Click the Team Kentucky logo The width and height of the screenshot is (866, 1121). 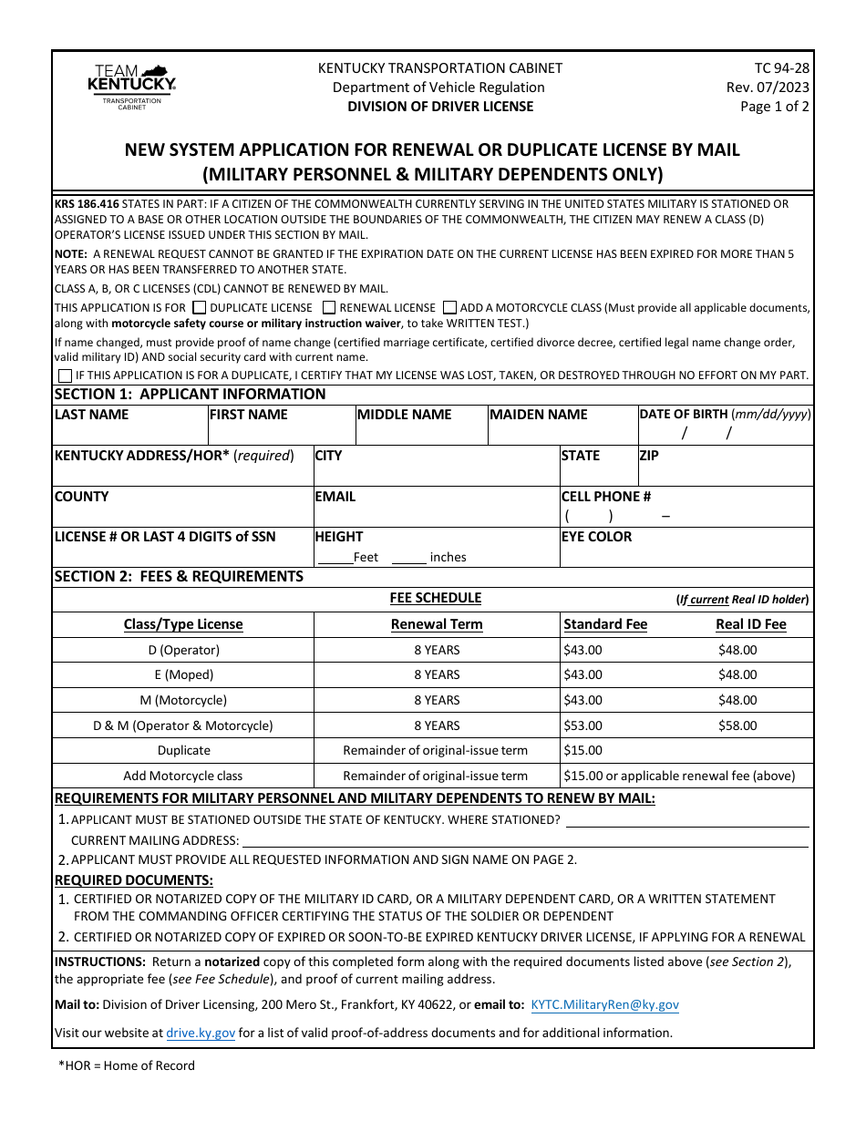pyautogui.click(x=131, y=87)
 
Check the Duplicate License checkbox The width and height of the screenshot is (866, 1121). pyautogui.click(x=200, y=308)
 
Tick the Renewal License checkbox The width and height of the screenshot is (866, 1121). pyautogui.click(x=330, y=308)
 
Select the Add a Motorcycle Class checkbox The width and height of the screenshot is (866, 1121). pyautogui.click(x=450, y=308)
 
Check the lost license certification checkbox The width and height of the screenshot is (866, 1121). pyautogui.click(x=65, y=375)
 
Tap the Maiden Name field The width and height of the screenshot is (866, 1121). pyautogui.click(x=562, y=432)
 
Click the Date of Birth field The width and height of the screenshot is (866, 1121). pyautogui.click(x=725, y=433)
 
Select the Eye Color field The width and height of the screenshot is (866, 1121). pyautogui.click(x=686, y=554)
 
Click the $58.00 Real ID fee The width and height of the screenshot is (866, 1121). pyautogui.click(x=737, y=725)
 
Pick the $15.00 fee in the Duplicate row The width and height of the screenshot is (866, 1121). pyautogui.click(x=582, y=750)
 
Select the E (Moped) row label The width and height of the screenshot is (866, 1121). pyautogui.click(x=183, y=674)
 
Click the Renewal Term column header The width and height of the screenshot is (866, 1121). pyautogui.click(x=437, y=624)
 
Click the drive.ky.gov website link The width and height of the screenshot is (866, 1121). pyautogui.click(x=201, y=1033)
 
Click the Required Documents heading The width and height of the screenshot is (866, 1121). pyautogui.click(x=134, y=879)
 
